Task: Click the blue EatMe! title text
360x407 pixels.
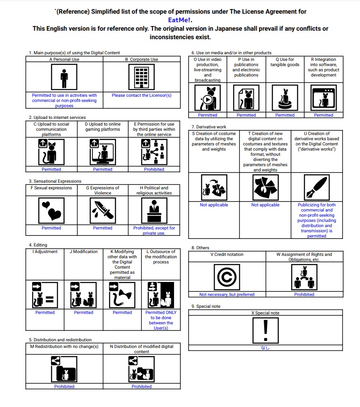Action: (x=180, y=20)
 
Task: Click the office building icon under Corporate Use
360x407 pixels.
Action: (x=141, y=77)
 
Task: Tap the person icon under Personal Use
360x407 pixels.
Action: (x=64, y=77)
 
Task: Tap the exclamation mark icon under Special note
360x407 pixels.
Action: (x=266, y=330)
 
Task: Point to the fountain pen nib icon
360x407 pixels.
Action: (x=317, y=187)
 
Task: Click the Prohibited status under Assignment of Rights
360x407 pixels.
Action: (x=304, y=295)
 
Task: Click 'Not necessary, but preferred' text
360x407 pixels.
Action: (x=226, y=295)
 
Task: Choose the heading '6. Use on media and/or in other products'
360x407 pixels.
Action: (x=231, y=53)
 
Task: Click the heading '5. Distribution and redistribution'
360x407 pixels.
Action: (x=60, y=340)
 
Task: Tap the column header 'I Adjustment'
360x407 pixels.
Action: (x=45, y=252)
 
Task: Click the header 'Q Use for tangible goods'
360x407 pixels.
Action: (x=285, y=62)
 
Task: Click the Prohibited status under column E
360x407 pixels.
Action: (x=154, y=170)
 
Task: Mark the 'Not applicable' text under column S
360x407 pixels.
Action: (x=214, y=205)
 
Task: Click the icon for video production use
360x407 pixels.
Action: (x=207, y=98)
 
